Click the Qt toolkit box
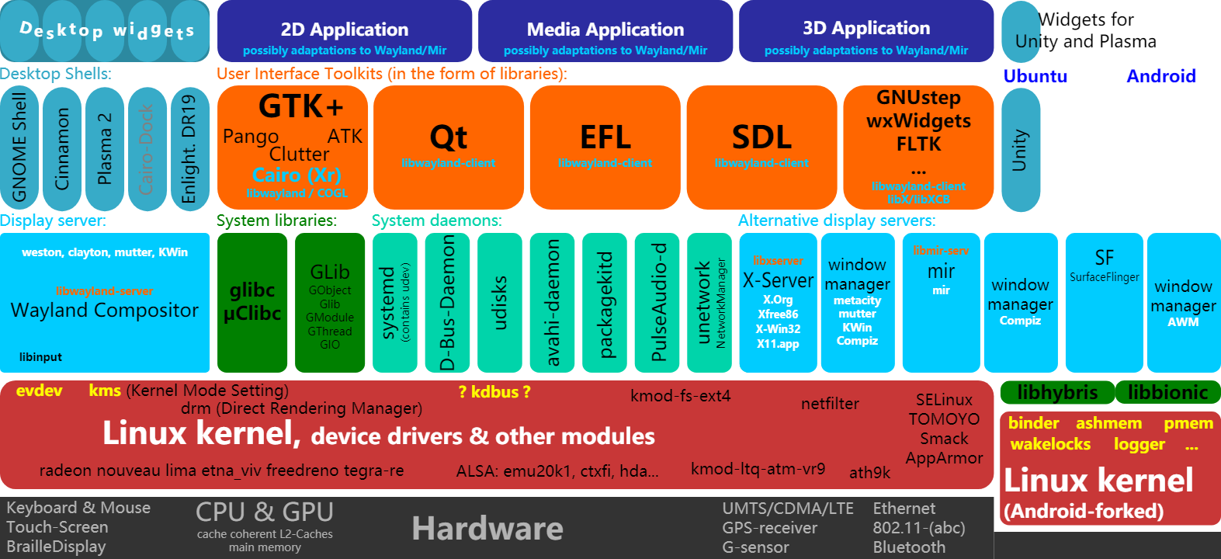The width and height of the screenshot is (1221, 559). [x=449, y=147]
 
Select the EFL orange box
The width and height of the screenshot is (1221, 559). [x=605, y=147]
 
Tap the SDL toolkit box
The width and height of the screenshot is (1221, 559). [x=761, y=147]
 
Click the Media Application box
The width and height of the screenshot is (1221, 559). [x=605, y=32]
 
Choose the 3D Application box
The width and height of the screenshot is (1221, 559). [x=866, y=32]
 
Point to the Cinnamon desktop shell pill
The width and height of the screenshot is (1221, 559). [x=62, y=148]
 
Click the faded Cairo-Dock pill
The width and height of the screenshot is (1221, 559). [x=146, y=148]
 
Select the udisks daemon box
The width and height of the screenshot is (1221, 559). [x=500, y=303]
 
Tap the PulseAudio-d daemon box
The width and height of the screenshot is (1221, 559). [x=657, y=303]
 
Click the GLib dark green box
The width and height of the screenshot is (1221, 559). [x=330, y=303]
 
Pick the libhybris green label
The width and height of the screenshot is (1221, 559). [x=1057, y=393]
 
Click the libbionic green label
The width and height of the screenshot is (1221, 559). [x=1167, y=393]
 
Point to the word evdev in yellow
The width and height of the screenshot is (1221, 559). [x=39, y=391]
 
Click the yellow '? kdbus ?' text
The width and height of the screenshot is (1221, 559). [x=494, y=392]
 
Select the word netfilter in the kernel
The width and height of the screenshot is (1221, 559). [x=830, y=404]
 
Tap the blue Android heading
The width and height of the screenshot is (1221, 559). [x=1161, y=76]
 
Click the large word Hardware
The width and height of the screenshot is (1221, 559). [x=487, y=529]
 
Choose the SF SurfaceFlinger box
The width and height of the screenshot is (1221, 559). [x=1104, y=303]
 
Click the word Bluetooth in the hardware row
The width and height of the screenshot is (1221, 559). [x=909, y=547]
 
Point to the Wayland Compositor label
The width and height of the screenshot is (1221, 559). [x=105, y=311]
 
